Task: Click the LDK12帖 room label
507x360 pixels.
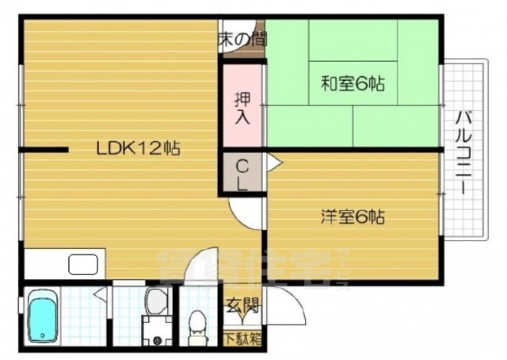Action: (x=139, y=147)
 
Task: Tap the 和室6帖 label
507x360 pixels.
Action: (x=353, y=82)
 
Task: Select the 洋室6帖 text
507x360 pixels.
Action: (x=353, y=216)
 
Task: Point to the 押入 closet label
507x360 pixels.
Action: (x=242, y=109)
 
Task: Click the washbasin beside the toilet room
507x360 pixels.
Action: (x=155, y=301)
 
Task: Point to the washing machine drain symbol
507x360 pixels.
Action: (x=156, y=341)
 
